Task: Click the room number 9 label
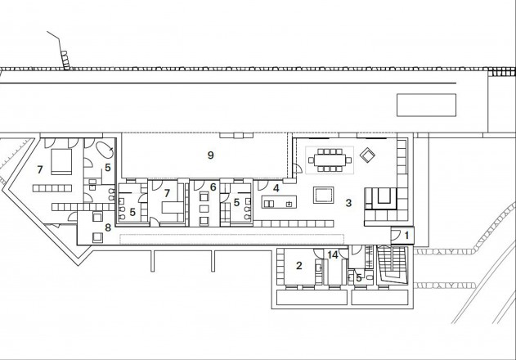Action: coord(211,155)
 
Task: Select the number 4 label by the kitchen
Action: coord(276,187)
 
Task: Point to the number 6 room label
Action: coord(213,187)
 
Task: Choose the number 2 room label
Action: coord(299,265)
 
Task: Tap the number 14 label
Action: coord(333,256)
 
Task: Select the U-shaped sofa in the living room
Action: coord(380,197)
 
